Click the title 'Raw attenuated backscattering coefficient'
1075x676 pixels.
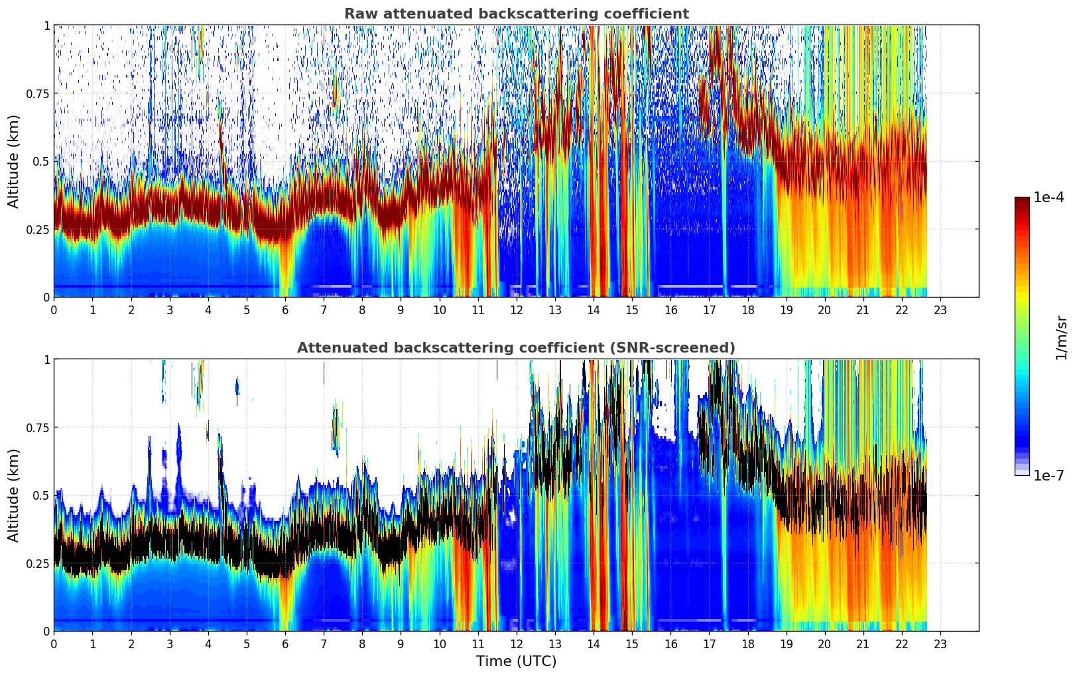(516, 14)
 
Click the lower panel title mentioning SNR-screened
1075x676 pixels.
(516, 348)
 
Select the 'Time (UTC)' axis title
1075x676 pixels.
(516, 661)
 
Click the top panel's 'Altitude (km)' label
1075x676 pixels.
(14, 161)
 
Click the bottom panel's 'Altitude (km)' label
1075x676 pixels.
(14, 495)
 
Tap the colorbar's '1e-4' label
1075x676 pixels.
(1048, 197)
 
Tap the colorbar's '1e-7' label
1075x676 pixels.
(1048, 475)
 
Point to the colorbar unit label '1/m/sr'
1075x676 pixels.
(1061, 337)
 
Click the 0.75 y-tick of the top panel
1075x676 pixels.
(38, 93)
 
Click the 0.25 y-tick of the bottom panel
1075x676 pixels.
(38, 563)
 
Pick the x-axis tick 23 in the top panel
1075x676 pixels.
(940, 310)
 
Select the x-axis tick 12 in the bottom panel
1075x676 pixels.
(516, 644)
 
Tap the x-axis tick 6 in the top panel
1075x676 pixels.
(285, 310)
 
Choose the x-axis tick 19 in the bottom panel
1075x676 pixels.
(786, 644)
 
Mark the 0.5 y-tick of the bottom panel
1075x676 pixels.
(41, 495)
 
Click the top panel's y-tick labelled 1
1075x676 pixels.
(46, 25)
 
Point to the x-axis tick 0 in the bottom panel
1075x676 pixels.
(54, 644)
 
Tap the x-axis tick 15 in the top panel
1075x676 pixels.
(632, 310)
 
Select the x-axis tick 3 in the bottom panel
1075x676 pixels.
(170, 644)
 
